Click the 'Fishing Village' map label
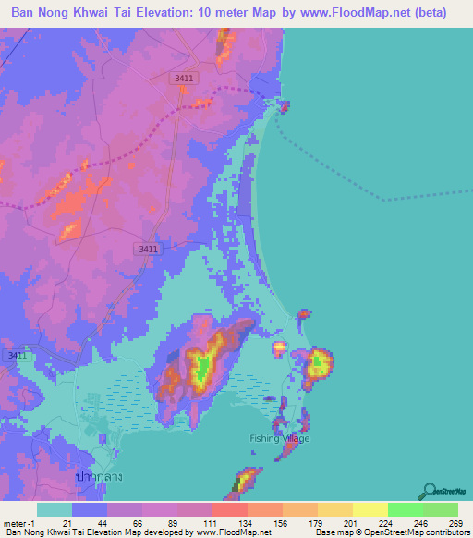[x=280, y=438]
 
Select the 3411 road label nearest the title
[x=183, y=80]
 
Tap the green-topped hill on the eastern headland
[x=320, y=362]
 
